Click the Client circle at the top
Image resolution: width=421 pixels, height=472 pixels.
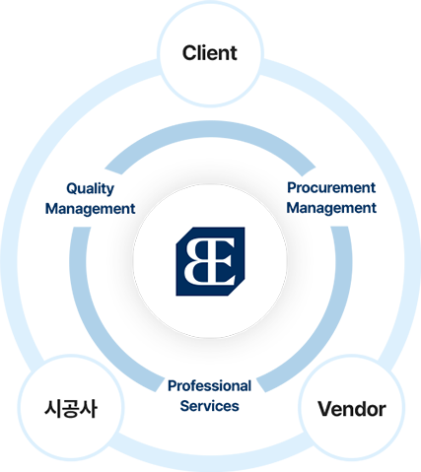click(210, 53)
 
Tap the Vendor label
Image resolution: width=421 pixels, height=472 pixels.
click(352, 409)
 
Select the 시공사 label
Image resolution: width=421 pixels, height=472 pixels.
click(71, 409)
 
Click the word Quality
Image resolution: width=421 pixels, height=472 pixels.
click(90, 189)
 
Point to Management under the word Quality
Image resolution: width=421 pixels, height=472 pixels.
click(90, 209)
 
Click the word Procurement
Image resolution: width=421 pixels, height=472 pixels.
click(331, 188)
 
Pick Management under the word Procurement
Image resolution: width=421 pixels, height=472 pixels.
click(331, 208)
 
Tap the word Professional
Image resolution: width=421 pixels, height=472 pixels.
click(209, 386)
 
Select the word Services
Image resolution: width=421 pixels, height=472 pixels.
click(209, 406)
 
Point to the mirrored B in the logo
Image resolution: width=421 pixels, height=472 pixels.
click(197, 261)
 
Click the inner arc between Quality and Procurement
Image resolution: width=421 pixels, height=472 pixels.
click(210, 129)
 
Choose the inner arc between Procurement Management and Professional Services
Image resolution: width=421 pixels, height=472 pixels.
click(323, 325)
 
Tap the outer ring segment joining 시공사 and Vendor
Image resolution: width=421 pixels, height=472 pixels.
click(210, 462)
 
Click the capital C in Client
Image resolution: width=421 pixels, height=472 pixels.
click(190, 53)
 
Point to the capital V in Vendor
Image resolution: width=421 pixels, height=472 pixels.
click(326, 409)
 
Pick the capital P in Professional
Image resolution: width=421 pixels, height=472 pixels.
click(173, 386)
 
